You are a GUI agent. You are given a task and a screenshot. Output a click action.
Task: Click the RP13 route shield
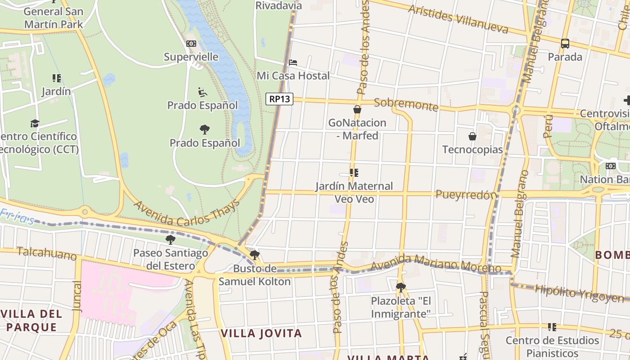pyautogui.click(x=279, y=99)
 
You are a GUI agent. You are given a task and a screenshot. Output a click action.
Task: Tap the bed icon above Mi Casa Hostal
pyautogui.click(x=293, y=62)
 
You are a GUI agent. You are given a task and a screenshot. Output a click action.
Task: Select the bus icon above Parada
pyautogui.click(x=565, y=44)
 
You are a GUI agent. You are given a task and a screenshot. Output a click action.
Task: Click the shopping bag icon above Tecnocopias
pyautogui.click(x=472, y=136)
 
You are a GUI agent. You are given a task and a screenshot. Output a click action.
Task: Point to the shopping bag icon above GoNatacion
pyautogui.click(x=357, y=109)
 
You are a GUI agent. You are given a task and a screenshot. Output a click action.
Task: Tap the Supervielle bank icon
pyautogui.click(x=191, y=44)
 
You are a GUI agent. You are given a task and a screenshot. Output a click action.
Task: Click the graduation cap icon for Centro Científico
pyautogui.click(x=35, y=123)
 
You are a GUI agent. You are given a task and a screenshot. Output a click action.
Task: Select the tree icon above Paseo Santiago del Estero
pyautogui.click(x=171, y=239)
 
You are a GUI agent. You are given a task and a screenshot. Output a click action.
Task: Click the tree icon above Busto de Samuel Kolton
pyautogui.click(x=255, y=255)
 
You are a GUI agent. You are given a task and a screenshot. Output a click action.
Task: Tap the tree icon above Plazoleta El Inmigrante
pyautogui.click(x=401, y=287)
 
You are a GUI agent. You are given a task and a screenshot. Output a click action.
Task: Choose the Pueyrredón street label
pyautogui.click(x=466, y=194)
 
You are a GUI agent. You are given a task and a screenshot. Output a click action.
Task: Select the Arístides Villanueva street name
pyautogui.click(x=458, y=19)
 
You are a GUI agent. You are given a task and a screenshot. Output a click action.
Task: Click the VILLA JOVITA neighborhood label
pyautogui.click(x=261, y=333)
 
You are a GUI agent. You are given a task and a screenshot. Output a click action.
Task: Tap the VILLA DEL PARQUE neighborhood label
pyautogui.click(x=31, y=320)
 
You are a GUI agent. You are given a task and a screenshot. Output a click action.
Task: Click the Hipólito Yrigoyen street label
pyautogui.click(x=579, y=293)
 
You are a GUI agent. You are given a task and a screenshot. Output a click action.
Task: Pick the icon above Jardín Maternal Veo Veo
pyautogui.click(x=354, y=173)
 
